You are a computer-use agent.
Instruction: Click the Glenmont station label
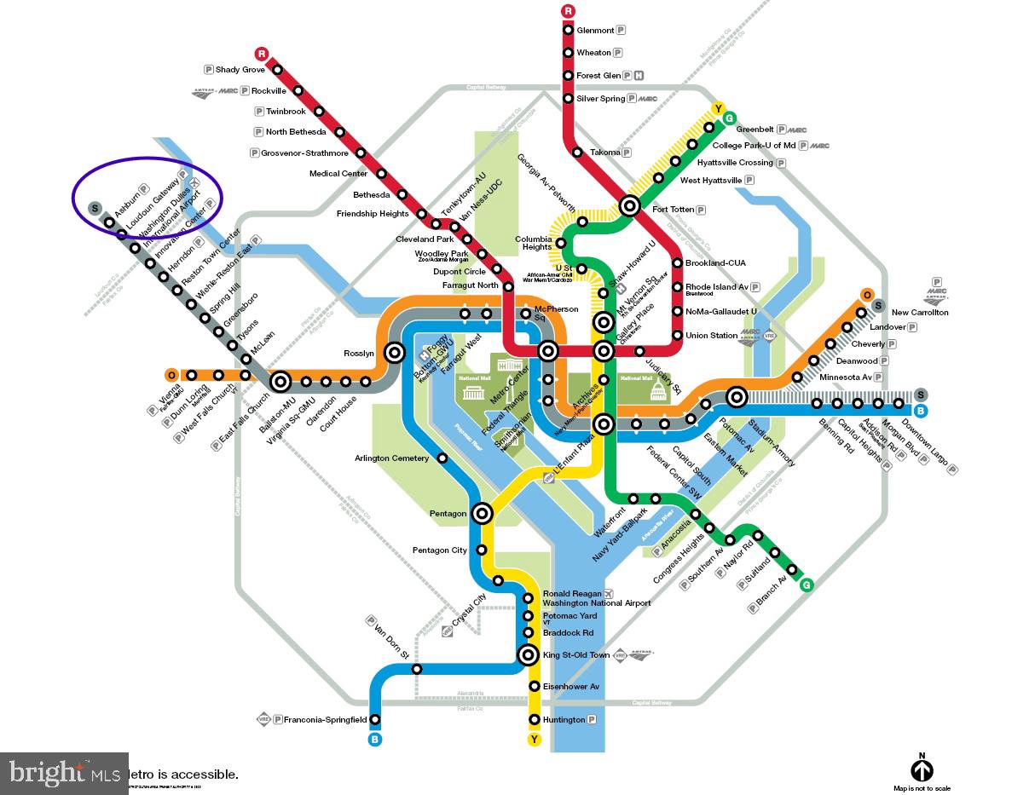click(x=595, y=30)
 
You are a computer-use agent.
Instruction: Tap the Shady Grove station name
click(x=240, y=70)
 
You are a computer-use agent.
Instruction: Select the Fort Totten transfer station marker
click(x=630, y=205)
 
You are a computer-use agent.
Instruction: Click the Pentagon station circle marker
click(x=483, y=513)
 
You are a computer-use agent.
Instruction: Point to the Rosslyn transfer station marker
click(x=394, y=351)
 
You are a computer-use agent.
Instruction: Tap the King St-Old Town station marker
click(x=529, y=655)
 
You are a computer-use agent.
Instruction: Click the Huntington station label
click(x=564, y=720)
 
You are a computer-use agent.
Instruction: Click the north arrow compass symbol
click(x=922, y=770)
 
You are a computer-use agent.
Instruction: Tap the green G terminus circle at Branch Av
click(x=806, y=585)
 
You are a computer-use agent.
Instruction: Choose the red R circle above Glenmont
click(x=569, y=11)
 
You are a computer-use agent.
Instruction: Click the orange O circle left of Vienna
click(x=171, y=375)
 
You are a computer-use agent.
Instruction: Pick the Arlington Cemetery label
click(x=391, y=458)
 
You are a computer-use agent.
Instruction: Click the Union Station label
click(x=711, y=336)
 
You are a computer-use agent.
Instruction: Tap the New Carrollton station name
click(x=920, y=313)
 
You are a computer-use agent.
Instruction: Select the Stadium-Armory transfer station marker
click(x=737, y=396)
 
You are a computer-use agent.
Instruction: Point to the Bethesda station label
click(x=371, y=195)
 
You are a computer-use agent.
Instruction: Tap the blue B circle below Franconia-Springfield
click(x=375, y=740)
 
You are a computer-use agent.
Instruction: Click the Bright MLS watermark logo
click(x=64, y=773)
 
